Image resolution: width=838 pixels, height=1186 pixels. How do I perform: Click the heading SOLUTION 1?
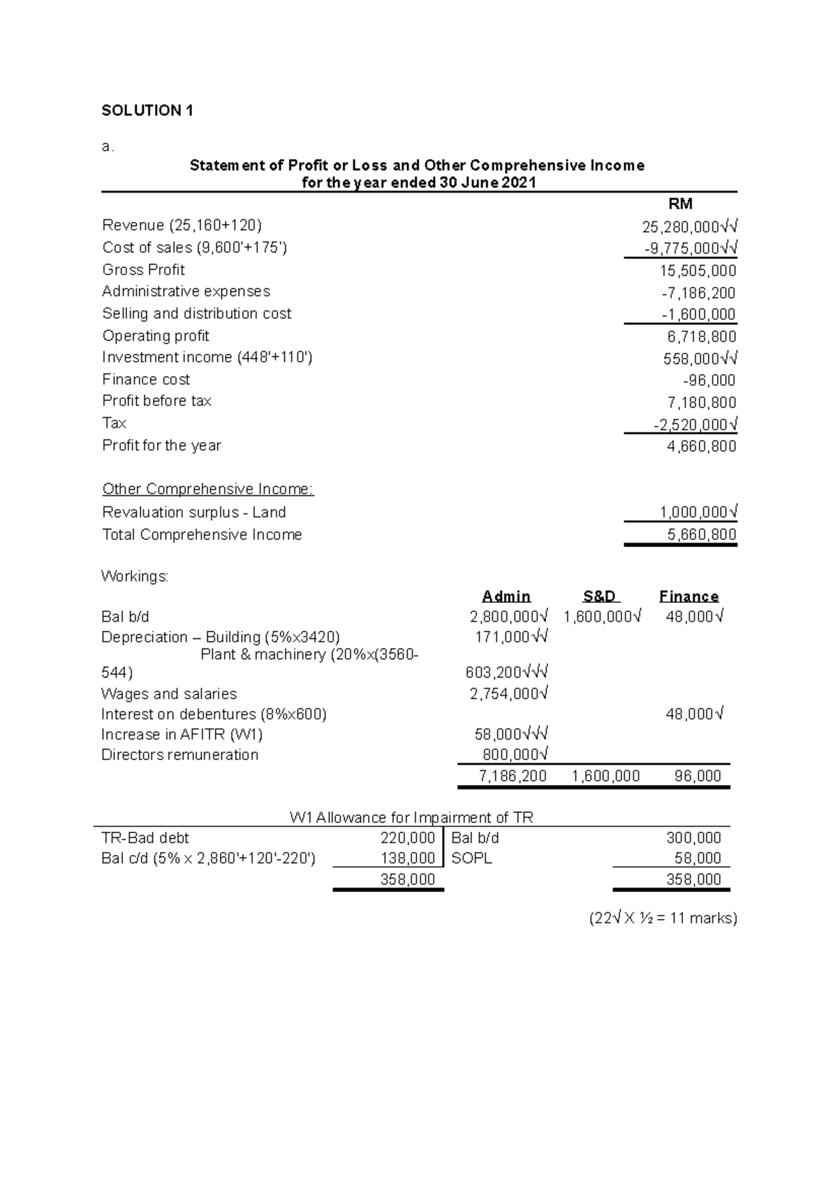tap(147, 110)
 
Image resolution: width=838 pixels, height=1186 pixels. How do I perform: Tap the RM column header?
tap(680, 204)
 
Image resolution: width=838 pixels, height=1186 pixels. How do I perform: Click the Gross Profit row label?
tap(143, 270)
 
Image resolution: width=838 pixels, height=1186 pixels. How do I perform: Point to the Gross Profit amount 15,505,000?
tap(698, 271)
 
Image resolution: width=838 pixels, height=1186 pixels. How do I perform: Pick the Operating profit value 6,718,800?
tap(701, 337)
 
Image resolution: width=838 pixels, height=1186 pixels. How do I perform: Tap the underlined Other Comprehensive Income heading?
tap(208, 489)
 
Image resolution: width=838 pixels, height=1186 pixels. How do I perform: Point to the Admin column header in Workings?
tap(506, 596)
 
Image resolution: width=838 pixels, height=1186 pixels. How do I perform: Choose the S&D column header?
tap(601, 596)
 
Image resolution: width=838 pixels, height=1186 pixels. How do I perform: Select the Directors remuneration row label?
tap(179, 755)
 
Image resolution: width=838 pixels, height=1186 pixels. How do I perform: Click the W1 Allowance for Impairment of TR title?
tap(411, 817)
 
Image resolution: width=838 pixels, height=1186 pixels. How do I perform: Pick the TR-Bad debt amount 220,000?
tap(407, 838)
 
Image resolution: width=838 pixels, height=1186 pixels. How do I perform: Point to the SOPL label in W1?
tap(471, 858)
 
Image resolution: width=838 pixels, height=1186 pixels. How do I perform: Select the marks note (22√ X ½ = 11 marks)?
tap(663, 918)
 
